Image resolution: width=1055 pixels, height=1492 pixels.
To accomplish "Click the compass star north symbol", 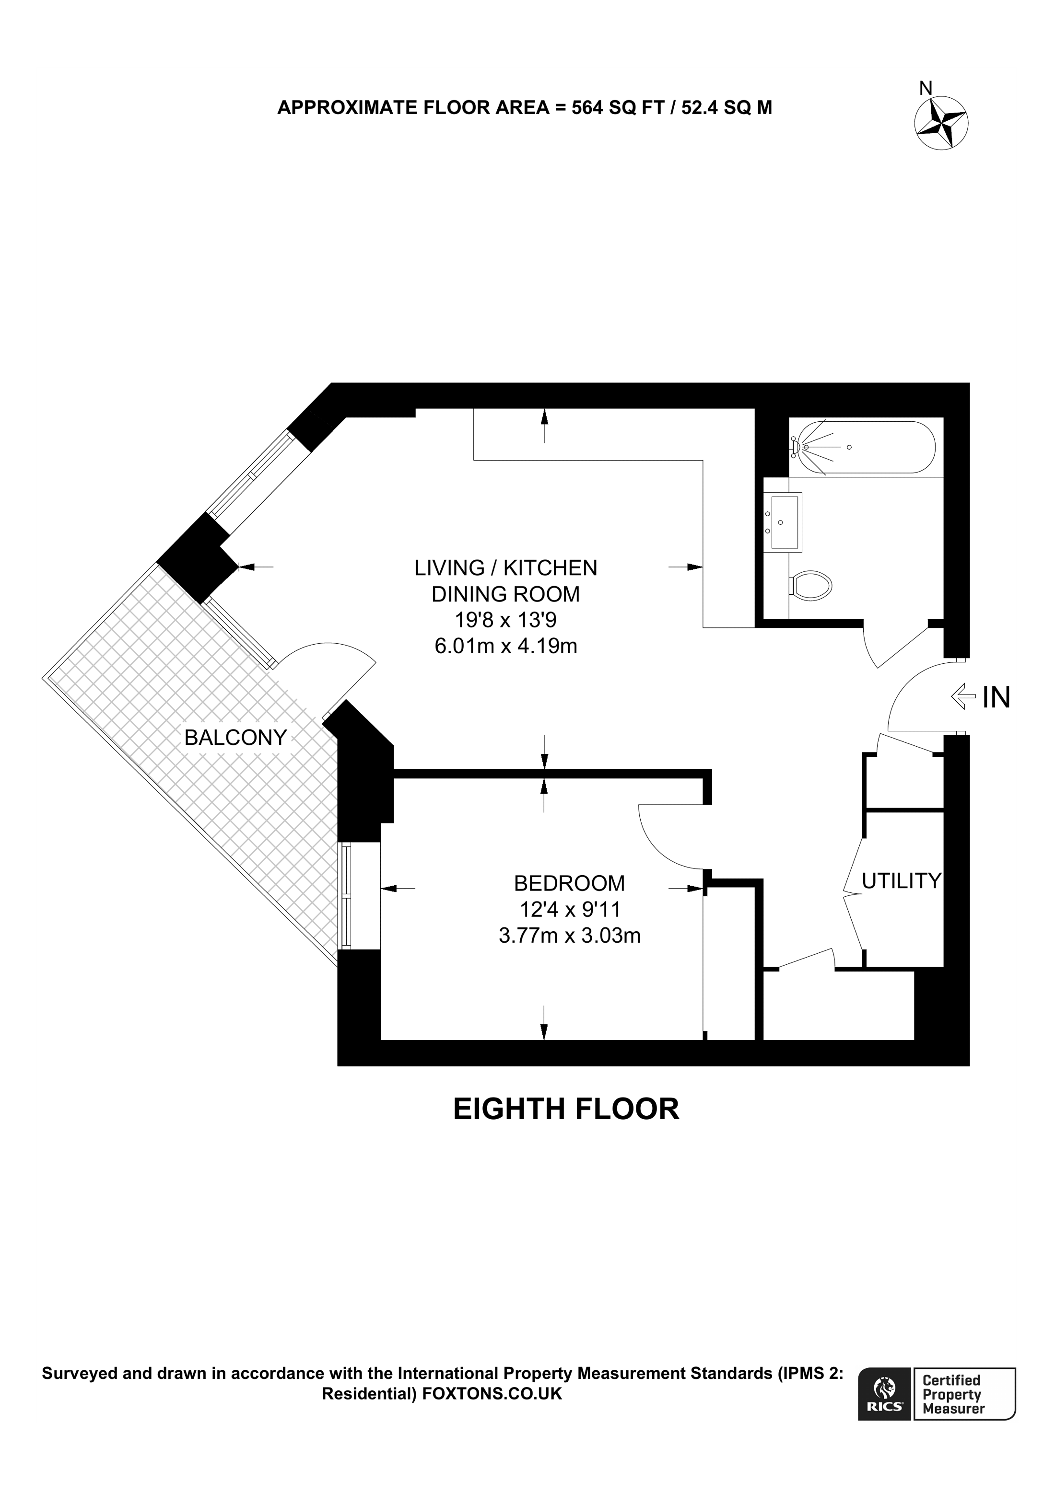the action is (941, 124).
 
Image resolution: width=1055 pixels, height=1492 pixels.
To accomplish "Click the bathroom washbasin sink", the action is (783, 522).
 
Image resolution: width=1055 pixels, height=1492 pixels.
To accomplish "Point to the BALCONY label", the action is (235, 738).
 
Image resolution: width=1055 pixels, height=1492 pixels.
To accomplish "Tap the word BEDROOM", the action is (569, 883).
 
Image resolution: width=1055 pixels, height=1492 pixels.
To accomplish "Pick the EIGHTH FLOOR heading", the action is (566, 1109).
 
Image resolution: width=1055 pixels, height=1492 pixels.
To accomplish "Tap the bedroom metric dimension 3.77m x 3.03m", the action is (569, 935).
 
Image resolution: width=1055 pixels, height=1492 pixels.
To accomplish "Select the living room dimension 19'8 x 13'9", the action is (506, 620).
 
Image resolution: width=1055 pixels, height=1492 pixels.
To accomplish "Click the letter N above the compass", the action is (926, 88).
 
